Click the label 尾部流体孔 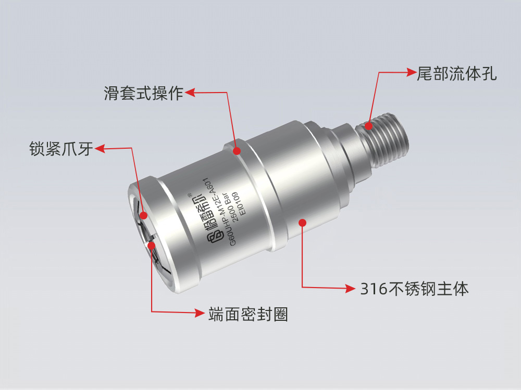point(457,73)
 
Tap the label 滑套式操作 point(143,93)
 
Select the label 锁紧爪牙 point(61,149)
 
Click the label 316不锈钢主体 point(415,288)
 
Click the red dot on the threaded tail point(369,125)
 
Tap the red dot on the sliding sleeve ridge point(237,151)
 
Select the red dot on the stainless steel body point(302,223)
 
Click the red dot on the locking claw point(143,215)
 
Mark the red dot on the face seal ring point(151,245)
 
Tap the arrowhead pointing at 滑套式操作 point(190,93)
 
